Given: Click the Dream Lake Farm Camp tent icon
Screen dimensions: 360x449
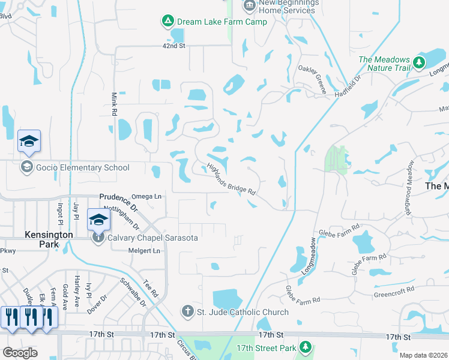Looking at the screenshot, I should [167, 22].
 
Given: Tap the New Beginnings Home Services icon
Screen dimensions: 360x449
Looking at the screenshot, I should [249, 6].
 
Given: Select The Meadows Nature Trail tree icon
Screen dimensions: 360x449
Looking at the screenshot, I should [418, 62].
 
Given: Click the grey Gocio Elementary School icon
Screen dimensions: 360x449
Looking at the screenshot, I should [26, 167].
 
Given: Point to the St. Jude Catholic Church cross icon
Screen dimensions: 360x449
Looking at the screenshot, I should [187, 311].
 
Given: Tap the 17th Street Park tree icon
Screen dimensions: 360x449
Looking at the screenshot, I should [306, 347].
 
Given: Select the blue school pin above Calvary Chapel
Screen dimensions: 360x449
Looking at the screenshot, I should [98, 219].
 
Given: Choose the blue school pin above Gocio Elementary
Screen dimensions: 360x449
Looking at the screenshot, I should [29, 141].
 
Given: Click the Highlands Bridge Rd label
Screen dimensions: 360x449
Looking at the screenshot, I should [231, 179].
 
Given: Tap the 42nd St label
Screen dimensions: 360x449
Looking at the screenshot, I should [175, 46].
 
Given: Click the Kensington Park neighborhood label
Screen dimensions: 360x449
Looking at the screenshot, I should [49, 239].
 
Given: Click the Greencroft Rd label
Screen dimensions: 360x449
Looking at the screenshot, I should [394, 289].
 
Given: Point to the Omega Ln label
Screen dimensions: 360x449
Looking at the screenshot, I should [146, 196].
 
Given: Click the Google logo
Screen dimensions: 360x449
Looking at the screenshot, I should [20, 353].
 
